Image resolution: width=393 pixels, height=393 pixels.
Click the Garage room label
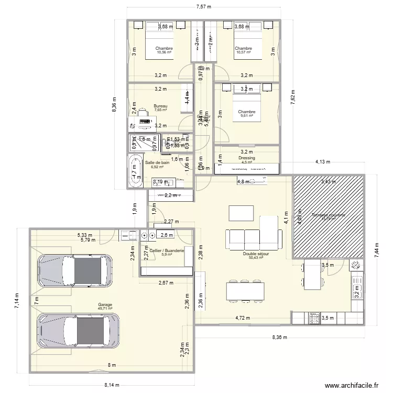[x=105, y=304]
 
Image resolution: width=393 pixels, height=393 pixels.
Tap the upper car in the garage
[x=74, y=271]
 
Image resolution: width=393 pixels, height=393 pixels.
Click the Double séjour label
[x=256, y=254]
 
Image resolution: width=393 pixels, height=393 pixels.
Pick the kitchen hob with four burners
[x=315, y=317]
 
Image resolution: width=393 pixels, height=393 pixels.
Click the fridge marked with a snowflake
[x=356, y=265]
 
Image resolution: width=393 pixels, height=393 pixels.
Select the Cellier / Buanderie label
[x=167, y=251]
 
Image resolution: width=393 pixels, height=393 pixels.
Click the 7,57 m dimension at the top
[x=203, y=7]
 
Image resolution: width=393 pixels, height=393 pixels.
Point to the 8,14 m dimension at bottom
[x=112, y=385]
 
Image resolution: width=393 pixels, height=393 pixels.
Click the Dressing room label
[x=246, y=158]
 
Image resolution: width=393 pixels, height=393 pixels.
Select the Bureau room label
[x=160, y=106]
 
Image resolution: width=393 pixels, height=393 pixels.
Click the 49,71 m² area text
[x=105, y=309]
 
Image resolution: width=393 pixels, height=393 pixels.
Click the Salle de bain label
[x=157, y=163]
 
